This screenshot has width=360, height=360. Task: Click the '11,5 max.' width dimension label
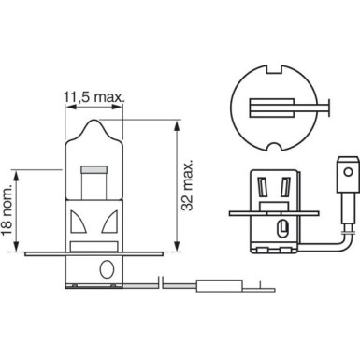94,94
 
